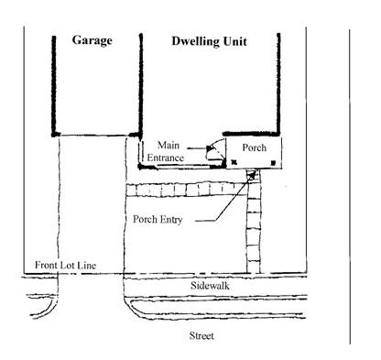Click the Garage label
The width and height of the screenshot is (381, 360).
point(93,40)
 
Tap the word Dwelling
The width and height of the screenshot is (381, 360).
point(195,41)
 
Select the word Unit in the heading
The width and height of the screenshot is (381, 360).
point(234,41)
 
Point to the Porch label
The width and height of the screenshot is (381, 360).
point(255,147)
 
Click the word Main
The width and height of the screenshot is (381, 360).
point(169,145)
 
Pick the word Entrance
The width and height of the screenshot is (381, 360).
point(166,158)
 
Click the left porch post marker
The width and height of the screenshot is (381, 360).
point(234,162)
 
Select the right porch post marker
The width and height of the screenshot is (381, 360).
point(273,163)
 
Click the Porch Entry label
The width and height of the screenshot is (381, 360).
point(158,219)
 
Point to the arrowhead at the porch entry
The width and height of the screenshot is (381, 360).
point(251,175)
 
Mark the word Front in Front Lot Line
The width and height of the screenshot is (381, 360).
point(46,265)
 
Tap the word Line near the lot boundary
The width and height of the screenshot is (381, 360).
point(87,265)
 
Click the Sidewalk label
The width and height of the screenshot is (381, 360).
point(210,286)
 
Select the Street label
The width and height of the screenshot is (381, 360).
point(201,336)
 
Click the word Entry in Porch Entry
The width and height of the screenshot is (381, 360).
point(172,220)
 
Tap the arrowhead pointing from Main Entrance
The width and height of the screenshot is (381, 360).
point(209,148)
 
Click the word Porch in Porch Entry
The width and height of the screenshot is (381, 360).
point(146,219)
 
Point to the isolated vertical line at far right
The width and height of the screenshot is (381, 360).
point(350,187)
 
